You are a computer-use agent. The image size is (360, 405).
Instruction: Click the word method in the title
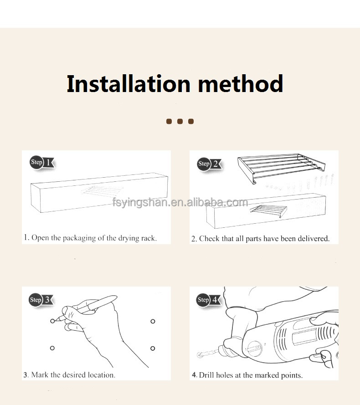coord(240,84)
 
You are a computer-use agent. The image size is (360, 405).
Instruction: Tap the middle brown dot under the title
coord(180,121)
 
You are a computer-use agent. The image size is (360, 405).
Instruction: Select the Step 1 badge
coord(42,162)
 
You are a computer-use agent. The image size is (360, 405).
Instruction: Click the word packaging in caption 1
coord(80,238)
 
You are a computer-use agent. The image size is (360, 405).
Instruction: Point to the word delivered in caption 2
coord(313,238)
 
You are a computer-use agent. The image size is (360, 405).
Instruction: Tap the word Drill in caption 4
coord(207,375)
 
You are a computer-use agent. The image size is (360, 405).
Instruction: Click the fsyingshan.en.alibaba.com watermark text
coord(180,203)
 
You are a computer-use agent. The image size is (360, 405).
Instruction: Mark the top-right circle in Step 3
coord(153,321)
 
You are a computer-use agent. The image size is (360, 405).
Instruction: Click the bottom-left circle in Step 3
coord(52,348)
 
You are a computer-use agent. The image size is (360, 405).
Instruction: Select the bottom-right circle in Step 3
coord(153,348)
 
